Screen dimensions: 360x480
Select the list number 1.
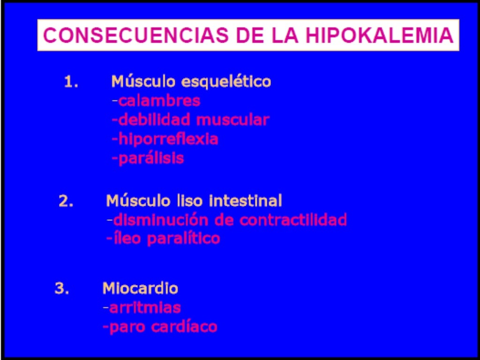[70, 82]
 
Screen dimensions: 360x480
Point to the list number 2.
[66, 201]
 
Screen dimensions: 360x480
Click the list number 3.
[62, 288]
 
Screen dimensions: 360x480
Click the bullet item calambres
[159, 101]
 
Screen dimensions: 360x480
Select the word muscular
[232, 120]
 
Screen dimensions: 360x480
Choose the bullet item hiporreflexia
[168, 139]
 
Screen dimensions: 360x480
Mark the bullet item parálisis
[151, 158]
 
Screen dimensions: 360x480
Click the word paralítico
[184, 239]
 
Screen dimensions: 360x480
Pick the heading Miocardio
[140, 288]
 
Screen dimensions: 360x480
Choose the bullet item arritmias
[145, 308]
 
